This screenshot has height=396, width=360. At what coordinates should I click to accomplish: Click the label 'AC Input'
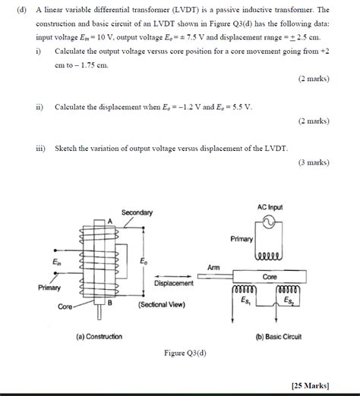click(x=269, y=207)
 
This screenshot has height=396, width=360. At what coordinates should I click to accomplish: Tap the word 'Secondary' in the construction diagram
click(x=137, y=212)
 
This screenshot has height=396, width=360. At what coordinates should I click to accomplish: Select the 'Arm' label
click(x=213, y=267)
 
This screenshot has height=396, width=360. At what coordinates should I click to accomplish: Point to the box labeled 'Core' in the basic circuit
click(x=270, y=278)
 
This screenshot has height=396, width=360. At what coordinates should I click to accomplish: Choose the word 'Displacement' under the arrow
click(x=174, y=283)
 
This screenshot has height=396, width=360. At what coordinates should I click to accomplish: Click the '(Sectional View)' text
click(x=163, y=305)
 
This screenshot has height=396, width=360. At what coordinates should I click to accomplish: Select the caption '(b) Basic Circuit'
click(x=279, y=335)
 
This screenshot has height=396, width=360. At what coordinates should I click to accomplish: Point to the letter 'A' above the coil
click(x=109, y=220)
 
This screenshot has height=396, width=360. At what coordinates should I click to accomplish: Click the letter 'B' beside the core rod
click(x=110, y=303)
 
